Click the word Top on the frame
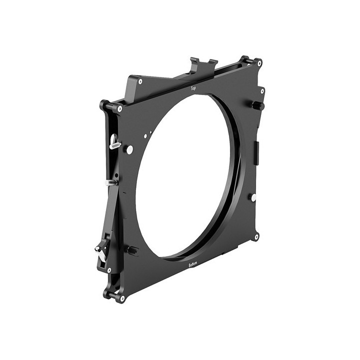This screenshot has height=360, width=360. pos(193,88)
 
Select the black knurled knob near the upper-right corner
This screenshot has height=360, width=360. pos(256,105)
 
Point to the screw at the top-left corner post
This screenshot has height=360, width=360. pos(119,108)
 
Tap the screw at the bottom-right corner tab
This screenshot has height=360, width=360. pos(256,236)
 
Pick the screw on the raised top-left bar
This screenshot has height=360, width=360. pos(140,81)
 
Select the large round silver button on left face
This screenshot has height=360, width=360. pos(130,149)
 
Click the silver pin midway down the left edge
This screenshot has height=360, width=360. pos(110,182)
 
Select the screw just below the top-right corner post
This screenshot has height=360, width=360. pos(262,91)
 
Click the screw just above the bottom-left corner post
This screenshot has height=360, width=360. pos(109,270)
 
